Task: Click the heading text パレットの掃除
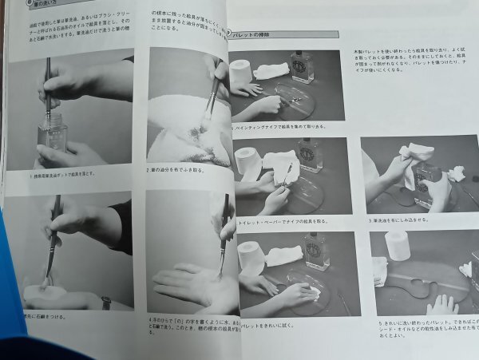coord(256,35)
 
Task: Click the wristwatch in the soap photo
coord(106,303)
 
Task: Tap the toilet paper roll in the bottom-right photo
coord(397,246)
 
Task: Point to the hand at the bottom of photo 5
coord(441,306)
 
